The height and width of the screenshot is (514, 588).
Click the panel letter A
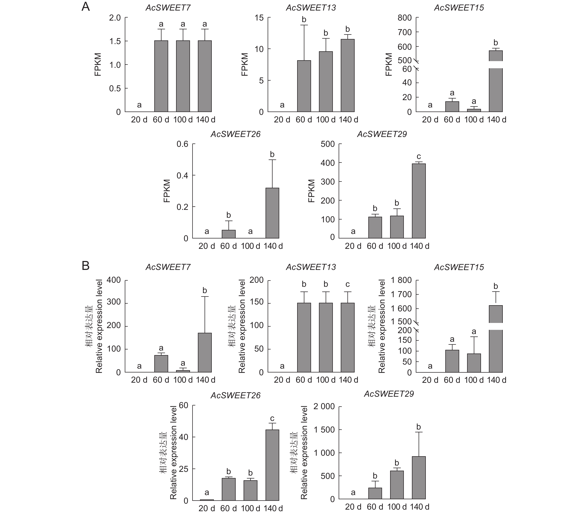point(86,7)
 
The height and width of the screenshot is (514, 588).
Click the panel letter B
point(86,266)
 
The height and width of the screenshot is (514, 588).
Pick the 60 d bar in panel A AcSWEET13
point(304,86)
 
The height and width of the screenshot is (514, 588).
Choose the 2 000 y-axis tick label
point(324,406)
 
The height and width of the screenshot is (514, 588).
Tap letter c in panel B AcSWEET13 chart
point(348,284)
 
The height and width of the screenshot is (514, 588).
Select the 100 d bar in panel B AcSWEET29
point(397,485)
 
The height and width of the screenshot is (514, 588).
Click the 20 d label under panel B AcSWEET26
point(207,508)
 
